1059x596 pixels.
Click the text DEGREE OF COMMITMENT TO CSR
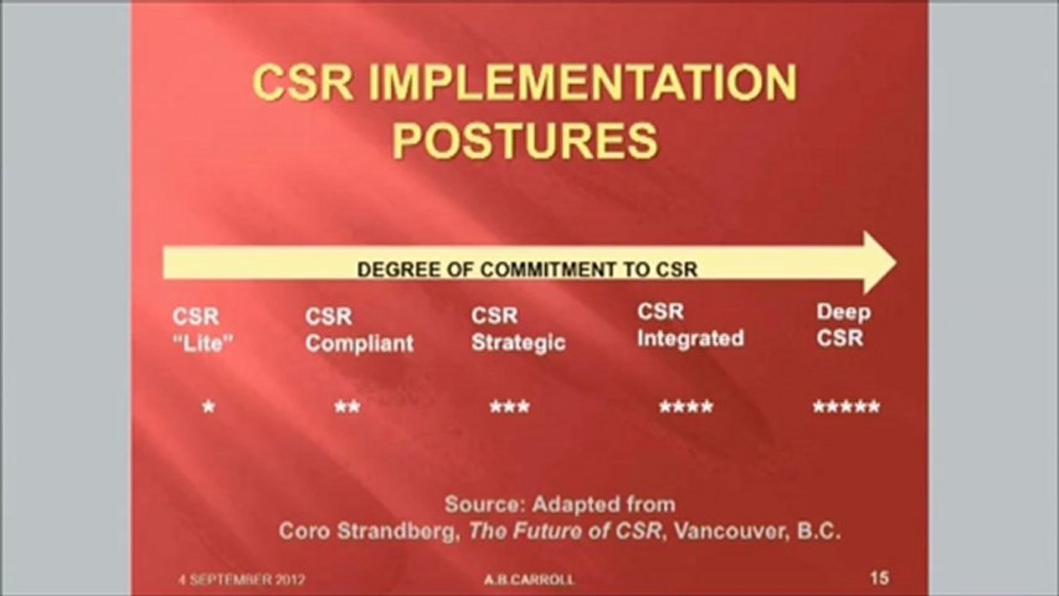(x=527, y=269)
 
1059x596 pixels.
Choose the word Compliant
(x=359, y=344)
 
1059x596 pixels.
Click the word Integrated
(x=691, y=339)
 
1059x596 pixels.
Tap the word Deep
(x=844, y=313)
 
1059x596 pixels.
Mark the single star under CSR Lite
(x=209, y=407)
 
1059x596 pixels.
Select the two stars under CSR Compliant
(x=347, y=407)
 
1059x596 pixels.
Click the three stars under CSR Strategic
(x=509, y=407)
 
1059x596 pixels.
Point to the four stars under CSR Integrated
(x=686, y=407)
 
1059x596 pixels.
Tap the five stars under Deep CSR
(x=845, y=407)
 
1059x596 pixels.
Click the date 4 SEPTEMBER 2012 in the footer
(x=242, y=579)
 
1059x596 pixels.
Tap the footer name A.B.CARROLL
(x=528, y=579)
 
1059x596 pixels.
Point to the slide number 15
(x=879, y=578)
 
